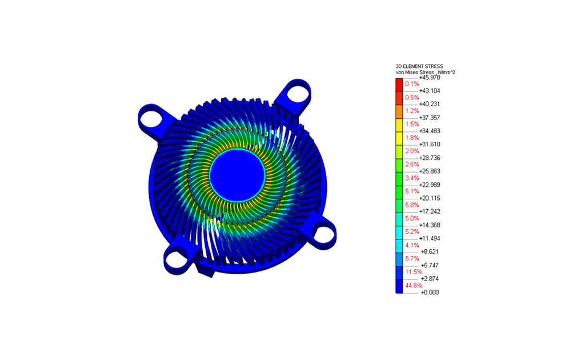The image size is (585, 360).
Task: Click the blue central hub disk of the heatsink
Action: coord(237,175)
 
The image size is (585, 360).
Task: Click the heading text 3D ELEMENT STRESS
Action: coord(419,66)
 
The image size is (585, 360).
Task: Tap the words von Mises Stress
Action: coord(415,72)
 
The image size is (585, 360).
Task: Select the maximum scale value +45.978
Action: coord(430,78)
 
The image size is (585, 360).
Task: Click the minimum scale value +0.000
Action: coord(430,292)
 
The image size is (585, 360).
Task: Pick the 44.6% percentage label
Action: coord(414,285)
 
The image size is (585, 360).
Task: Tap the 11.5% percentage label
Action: coord(414,271)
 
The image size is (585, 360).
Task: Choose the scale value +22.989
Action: coord(430,185)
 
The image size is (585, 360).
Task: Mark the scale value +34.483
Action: coord(430,131)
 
